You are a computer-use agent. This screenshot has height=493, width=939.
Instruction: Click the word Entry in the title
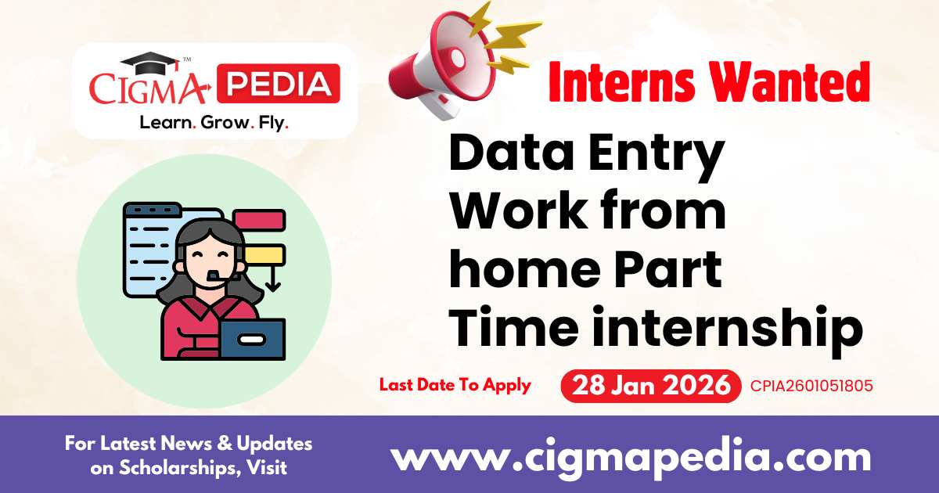click(x=657, y=156)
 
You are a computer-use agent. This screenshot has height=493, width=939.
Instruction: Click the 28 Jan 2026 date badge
click(x=650, y=386)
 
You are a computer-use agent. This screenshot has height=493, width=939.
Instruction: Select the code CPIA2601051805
click(x=811, y=386)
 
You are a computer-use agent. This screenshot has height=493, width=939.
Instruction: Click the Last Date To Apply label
click(x=455, y=385)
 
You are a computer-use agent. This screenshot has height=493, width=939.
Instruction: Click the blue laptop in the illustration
click(x=251, y=336)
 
